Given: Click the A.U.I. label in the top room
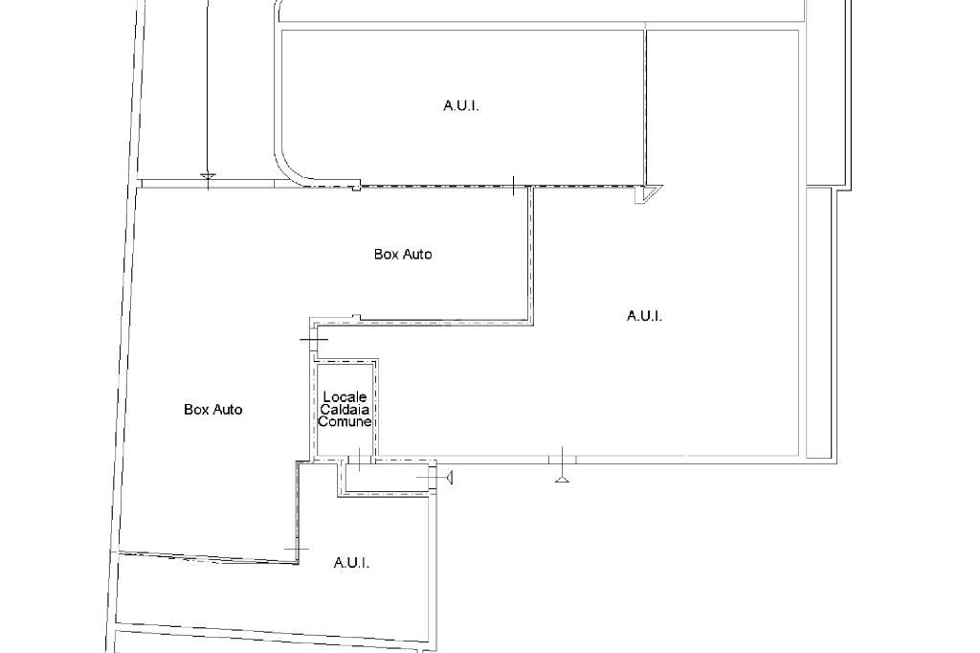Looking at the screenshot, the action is coord(461,105).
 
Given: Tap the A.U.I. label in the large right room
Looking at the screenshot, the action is coord(644,316).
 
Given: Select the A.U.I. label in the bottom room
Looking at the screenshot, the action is coord(351,563).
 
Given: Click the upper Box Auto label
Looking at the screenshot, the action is coord(403,254).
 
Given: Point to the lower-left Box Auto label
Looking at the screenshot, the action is coord(213,409).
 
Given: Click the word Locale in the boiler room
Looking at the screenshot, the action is coord(345,396).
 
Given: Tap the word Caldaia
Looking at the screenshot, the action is coord(345,409).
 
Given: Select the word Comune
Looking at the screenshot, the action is coord(345,421).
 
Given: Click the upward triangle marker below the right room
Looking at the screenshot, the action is coord(562,479).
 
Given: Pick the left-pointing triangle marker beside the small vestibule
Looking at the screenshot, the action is coord(449,478).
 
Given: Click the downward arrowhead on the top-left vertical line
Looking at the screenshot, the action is coord(208,176).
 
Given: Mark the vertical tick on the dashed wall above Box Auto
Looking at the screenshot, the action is coord(513,186).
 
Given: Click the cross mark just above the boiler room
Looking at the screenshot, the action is coord(314,340).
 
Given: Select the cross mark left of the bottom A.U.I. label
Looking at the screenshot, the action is coord(297,550).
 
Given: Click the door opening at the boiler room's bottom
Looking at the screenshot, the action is coord(360,461).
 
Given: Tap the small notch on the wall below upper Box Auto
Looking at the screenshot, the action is coord(356,318).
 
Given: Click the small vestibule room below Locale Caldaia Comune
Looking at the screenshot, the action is coord(388,478).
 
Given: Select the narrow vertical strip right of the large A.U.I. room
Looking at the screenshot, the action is coord(819,323).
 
